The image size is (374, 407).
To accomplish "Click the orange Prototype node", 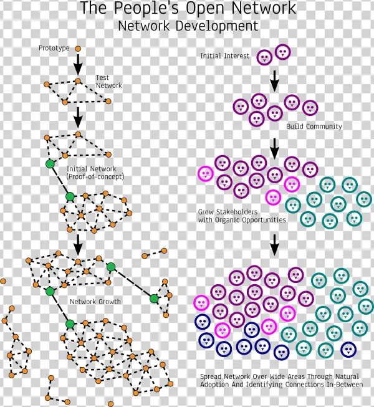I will (x=78, y=49).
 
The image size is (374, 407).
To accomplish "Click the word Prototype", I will (x=54, y=49).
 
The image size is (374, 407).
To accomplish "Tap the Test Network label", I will (x=108, y=82).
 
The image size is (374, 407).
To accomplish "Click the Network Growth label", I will (x=95, y=302).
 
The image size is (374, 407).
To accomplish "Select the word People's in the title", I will (x=150, y=9).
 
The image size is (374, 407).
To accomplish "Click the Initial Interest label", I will (x=224, y=56).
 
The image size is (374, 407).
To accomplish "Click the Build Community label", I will (x=314, y=127).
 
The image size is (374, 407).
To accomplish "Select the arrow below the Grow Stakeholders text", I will (x=274, y=245).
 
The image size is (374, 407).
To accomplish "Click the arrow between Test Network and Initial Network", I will (x=78, y=115).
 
